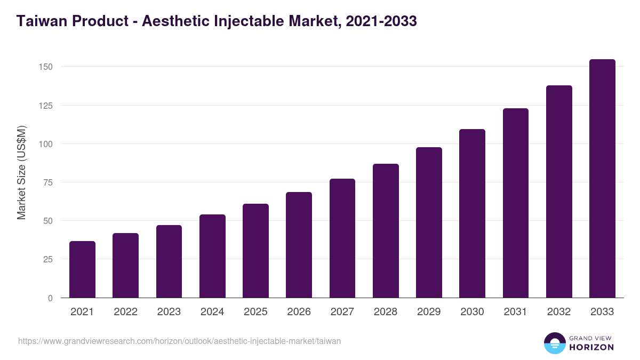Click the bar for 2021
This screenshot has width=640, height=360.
click(x=82, y=269)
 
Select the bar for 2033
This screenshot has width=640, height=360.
click(x=602, y=179)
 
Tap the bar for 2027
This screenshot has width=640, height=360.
click(x=342, y=238)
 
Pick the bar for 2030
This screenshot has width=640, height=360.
click(x=472, y=213)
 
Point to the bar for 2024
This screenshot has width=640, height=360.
click(x=212, y=256)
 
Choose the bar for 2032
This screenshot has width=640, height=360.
click(x=559, y=191)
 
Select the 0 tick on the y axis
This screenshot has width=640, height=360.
click(x=50, y=298)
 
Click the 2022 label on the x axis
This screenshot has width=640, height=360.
click(x=125, y=312)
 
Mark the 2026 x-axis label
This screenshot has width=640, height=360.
click(x=299, y=312)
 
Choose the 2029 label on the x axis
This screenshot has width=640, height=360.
click(x=429, y=312)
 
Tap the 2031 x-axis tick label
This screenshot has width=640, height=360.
click(x=515, y=312)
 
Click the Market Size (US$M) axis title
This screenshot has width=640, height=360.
click(x=21, y=173)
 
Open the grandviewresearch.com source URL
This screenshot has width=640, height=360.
click(x=179, y=341)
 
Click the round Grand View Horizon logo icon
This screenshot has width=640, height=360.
click(x=554, y=343)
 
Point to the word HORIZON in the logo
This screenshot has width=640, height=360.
click(x=591, y=347)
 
